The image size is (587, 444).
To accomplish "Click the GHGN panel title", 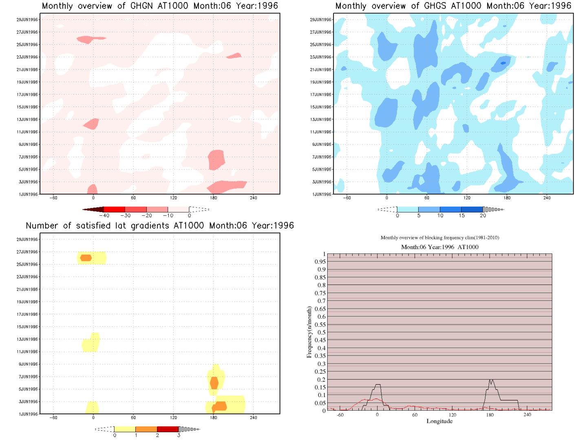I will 160,6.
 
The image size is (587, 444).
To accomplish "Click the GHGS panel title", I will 453,6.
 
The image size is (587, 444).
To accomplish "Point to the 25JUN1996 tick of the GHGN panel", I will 27,45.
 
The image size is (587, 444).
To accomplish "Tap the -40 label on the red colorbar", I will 104,216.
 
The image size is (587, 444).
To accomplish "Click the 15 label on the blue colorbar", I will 461,216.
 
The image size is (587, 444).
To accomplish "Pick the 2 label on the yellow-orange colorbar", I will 157,435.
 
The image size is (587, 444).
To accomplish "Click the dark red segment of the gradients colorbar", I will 168,429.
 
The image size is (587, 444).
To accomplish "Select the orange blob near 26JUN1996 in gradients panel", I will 86,258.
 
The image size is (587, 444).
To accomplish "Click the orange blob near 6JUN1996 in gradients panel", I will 214,383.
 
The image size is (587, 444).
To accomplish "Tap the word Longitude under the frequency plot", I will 439,421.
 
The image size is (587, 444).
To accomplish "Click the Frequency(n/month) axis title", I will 309,332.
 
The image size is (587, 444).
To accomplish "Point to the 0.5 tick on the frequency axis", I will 322,332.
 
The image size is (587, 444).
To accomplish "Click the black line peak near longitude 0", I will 377,385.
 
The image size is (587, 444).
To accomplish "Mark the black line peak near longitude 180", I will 491,381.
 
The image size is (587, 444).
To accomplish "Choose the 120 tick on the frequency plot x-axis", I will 452,415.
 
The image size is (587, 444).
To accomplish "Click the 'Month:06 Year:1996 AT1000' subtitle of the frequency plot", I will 439,247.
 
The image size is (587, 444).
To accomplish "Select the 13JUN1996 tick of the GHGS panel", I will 321,120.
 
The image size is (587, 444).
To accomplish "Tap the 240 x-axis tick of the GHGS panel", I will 547,198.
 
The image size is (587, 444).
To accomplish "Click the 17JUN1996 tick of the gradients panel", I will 27,314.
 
